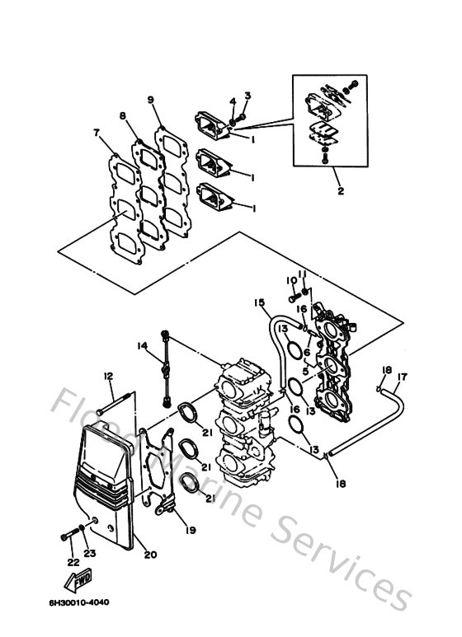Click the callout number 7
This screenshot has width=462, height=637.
coord(97,132)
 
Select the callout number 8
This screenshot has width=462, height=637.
coord(123,116)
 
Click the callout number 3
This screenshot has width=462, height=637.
coord(246,96)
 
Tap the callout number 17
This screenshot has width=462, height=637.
coord(402,379)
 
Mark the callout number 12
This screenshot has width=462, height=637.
coord(107,376)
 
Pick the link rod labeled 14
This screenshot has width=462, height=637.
coord(168,368)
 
